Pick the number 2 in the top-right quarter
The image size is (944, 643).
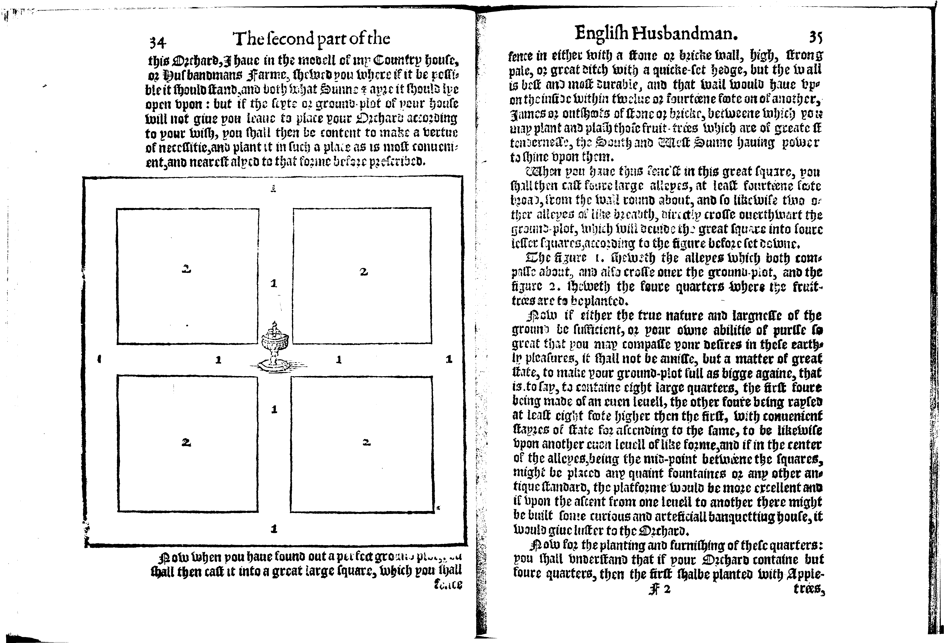point(364,272)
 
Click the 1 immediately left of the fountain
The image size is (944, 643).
point(218,359)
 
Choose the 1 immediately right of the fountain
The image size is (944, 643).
point(339,359)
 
